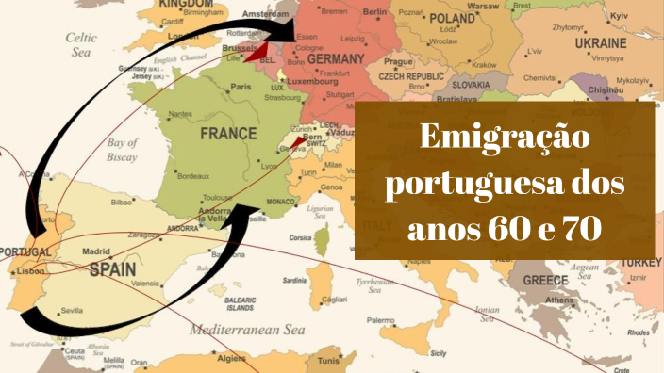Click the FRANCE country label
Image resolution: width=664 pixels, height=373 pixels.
(x=229, y=134)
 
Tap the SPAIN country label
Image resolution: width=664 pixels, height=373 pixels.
(x=112, y=268)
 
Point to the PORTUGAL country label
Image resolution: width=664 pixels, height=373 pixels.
(x=25, y=252)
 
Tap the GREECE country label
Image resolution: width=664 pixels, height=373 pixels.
(x=545, y=280)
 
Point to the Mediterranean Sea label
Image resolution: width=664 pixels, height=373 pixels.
(x=250, y=331)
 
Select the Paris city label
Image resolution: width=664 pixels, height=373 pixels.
(x=241, y=87)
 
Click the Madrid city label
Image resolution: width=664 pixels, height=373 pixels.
(x=97, y=251)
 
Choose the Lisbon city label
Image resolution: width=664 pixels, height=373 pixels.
(x=30, y=271)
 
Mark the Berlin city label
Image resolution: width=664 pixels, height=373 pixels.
(x=374, y=11)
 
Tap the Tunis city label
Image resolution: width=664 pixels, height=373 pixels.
(x=328, y=361)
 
